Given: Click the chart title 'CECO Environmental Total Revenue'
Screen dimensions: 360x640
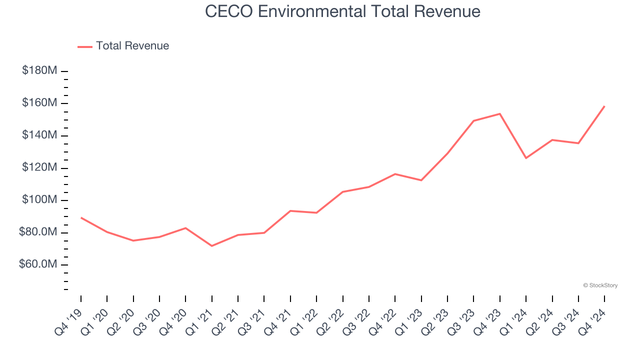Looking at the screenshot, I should (342, 11).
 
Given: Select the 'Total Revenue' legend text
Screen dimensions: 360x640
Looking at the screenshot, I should (132, 46).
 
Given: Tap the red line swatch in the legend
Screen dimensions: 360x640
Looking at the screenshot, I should (85, 46).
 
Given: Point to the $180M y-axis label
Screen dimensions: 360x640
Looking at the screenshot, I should (39, 70).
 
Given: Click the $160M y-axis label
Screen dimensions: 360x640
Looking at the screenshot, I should (39, 103).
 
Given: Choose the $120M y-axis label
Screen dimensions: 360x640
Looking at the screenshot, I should (39, 167).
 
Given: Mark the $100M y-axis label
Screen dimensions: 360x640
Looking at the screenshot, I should (39, 200).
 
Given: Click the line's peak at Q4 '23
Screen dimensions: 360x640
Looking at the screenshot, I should (499, 113).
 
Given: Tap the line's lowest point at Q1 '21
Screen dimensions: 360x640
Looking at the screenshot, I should (212, 246).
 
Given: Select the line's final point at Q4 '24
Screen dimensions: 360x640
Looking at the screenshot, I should (604, 106).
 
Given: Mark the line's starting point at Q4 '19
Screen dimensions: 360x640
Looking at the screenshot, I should (81, 217).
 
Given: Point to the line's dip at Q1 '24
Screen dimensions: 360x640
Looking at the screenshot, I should (526, 158).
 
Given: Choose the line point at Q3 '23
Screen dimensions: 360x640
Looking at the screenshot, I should (473, 120).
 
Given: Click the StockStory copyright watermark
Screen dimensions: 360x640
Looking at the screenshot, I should (600, 285).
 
